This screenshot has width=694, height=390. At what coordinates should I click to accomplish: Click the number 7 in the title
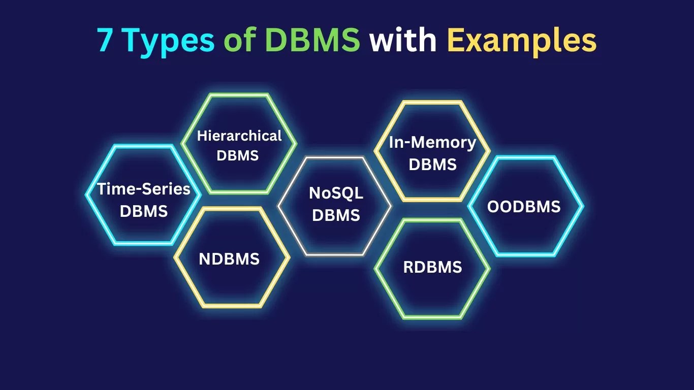pyautogui.click(x=105, y=41)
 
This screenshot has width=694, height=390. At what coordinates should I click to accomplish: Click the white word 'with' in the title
pyautogui.click(x=403, y=41)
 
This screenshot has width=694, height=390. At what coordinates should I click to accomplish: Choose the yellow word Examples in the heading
pyautogui.click(x=522, y=41)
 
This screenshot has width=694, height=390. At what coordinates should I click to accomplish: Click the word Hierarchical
pyautogui.click(x=239, y=136)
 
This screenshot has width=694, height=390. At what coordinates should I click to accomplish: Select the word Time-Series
pyautogui.click(x=144, y=189)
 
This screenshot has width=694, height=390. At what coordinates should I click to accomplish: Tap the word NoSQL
pyautogui.click(x=336, y=193)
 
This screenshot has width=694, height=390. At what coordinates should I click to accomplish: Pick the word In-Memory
pyautogui.click(x=432, y=143)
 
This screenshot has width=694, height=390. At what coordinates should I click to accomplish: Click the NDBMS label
pyautogui.click(x=229, y=259)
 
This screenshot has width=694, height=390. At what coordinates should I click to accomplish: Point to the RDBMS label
pyautogui.click(x=432, y=267)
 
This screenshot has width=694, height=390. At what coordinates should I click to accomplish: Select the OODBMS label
pyautogui.click(x=524, y=207)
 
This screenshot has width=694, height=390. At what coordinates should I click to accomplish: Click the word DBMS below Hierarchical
pyautogui.click(x=238, y=155)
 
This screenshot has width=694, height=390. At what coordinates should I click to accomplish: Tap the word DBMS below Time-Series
pyautogui.click(x=144, y=211)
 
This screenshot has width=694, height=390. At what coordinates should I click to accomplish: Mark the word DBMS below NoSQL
pyautogui.click(x=336, y=215)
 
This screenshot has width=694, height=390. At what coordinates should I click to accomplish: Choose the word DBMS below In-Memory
pyautogui.click(x=432, y=165)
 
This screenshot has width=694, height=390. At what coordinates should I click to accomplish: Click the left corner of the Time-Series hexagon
pyautogui.click(x=86, y=194)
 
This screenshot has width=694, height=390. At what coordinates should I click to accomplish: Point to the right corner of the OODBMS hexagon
pyautogui.click(x=582, y=206)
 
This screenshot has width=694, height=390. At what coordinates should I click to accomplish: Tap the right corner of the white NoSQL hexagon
pyautogui.click(x=390, y=206)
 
